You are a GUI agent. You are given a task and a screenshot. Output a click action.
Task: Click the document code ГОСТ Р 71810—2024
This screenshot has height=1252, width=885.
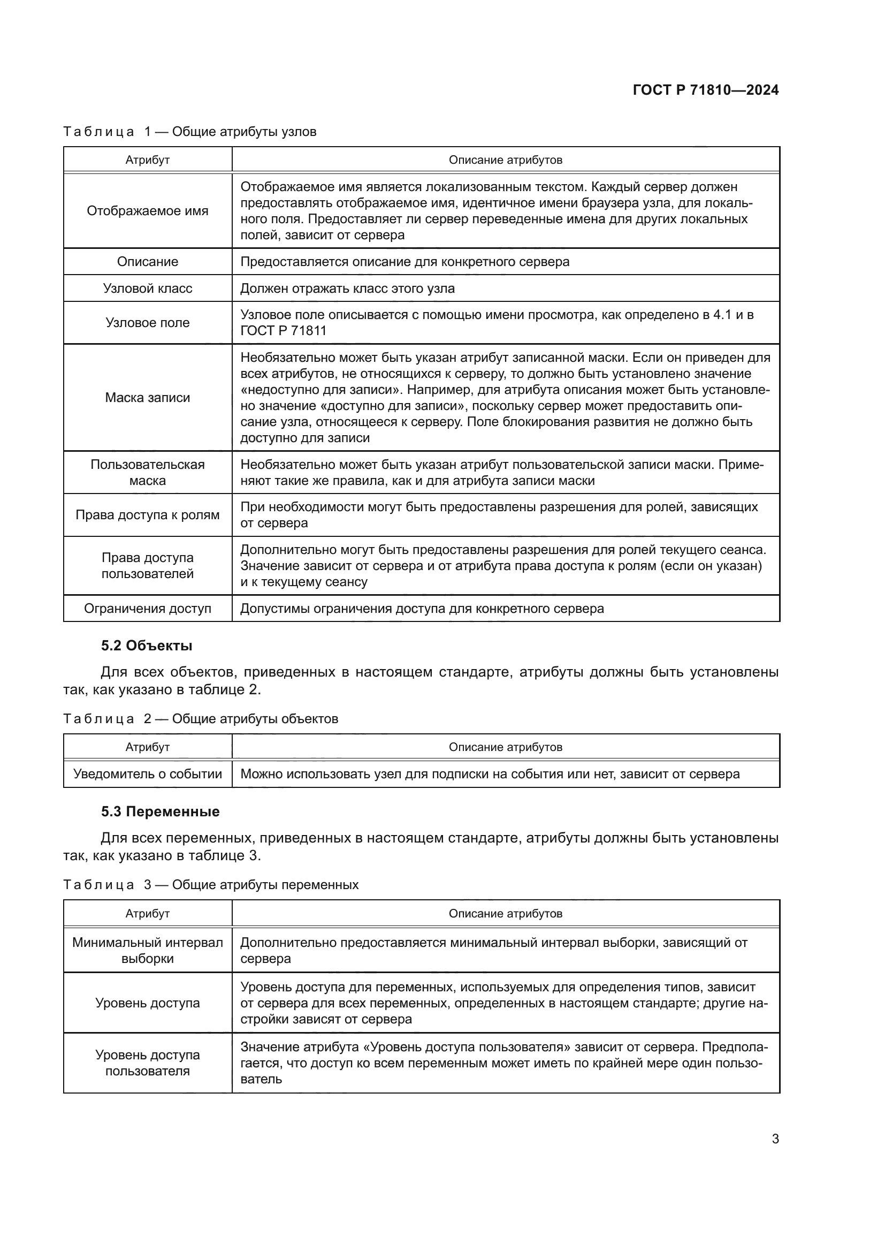(x=705, y=90)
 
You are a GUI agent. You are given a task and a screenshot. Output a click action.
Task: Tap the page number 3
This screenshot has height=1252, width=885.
(x=775, y=1139)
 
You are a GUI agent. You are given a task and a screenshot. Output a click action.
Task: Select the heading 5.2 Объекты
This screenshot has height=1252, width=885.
(x=147, y=646)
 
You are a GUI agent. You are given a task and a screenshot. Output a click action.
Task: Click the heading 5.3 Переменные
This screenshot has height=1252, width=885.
(x=160, y=811)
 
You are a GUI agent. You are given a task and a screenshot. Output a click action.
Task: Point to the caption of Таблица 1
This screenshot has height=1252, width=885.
(x=189, y=132)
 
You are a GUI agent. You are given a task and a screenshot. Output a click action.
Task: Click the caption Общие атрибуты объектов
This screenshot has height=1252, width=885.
(x=255, y=719)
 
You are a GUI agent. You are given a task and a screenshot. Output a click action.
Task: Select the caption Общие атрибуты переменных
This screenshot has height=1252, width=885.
(x=265, y=884)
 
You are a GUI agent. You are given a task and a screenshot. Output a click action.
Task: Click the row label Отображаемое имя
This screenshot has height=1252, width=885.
(x=148, y=211)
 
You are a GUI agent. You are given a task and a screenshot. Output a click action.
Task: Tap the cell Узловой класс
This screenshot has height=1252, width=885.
(x=148, y=289)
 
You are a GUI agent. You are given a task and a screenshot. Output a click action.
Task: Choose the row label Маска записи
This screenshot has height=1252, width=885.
(x=148, y=398)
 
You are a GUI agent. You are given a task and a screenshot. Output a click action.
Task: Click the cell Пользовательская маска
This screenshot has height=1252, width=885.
(x=148, y=472)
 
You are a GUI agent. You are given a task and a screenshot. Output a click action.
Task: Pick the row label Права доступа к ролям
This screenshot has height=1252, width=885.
(x=148, y=515)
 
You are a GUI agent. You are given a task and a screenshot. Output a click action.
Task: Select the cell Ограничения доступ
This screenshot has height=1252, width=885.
(x=148, y=609)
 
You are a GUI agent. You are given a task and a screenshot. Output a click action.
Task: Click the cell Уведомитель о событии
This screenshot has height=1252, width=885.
(x=148, y=774)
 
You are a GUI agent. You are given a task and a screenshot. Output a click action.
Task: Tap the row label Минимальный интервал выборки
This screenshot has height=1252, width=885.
(x=148, y=951)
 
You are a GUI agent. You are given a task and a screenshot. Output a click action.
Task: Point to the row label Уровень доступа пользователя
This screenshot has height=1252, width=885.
(x=148, y=1063)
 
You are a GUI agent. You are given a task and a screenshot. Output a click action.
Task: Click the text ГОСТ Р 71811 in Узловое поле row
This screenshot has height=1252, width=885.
(x=284, y=331)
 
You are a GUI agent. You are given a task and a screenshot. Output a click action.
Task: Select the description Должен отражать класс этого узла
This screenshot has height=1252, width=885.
(x=347, y=289)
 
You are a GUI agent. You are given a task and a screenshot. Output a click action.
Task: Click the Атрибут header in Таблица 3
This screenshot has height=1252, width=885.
(x=148, y=913)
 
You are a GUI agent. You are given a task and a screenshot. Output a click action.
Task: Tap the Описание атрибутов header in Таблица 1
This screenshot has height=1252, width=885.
(x=505, y=160)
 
